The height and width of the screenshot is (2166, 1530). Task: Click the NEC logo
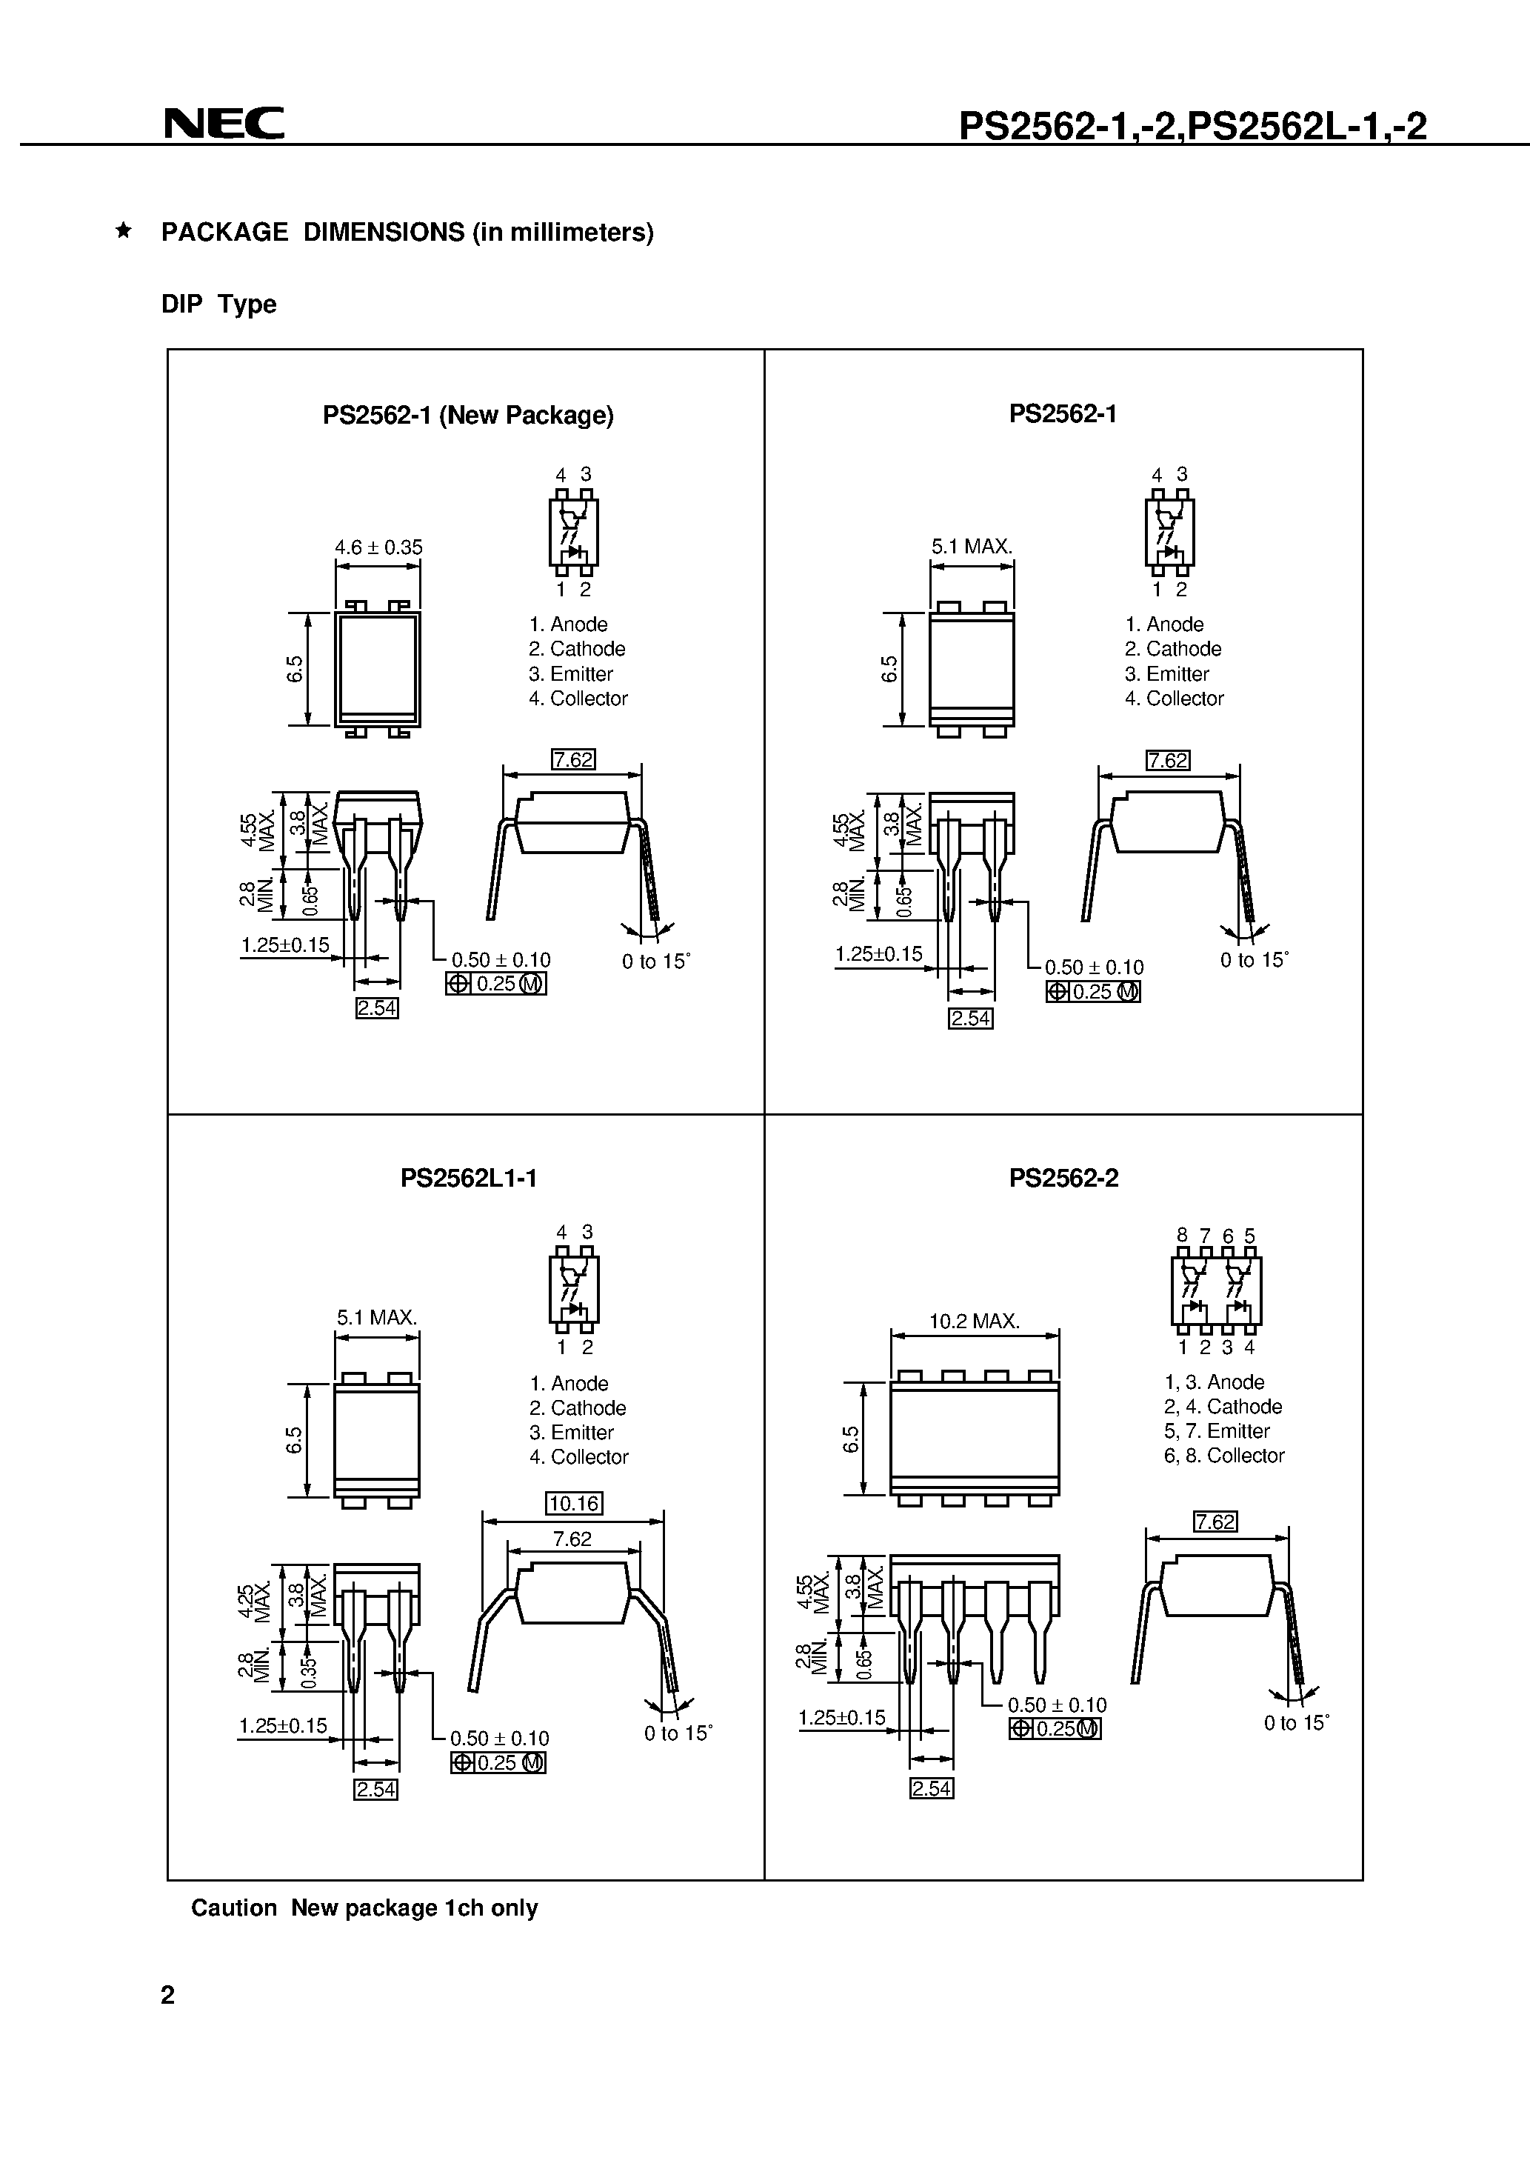tap(224, 124)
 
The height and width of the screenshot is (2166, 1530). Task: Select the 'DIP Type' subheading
tap(219, 304)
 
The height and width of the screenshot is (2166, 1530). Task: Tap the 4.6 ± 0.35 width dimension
tap(378, 547)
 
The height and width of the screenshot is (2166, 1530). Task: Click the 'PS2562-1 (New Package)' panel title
tap(468, 415)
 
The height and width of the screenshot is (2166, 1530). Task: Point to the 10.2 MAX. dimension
tap(975, 1322)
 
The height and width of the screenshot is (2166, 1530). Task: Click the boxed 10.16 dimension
tap(573, 1503)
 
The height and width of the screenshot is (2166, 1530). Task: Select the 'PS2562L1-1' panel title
tap(468, 1179)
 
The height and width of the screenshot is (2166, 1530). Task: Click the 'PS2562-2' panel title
tap(1063, 1179)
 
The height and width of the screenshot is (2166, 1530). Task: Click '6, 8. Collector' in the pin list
tap(1223, 1456)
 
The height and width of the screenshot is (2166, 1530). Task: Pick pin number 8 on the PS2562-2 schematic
tap(1182, 1236)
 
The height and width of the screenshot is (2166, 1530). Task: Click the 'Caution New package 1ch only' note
tap(364, 1907)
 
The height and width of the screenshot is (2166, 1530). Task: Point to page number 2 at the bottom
tap(168, 1995)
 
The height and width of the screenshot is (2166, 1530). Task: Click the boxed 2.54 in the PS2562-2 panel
tap(931, 1789)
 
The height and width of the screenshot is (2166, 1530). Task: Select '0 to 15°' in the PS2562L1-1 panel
tap(678, 1733)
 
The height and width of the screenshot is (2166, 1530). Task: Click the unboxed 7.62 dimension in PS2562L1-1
tap(572, 1539)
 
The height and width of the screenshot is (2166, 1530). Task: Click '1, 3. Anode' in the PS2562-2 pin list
tap(1213, 1382)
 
